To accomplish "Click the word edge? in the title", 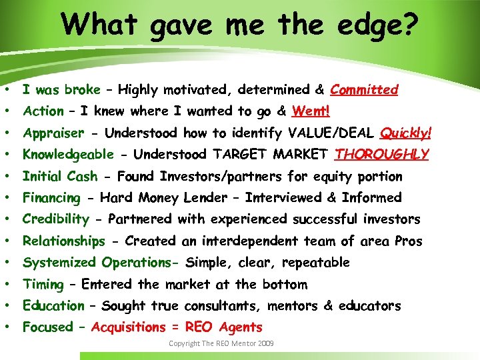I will pyautogui.click(x=376, y=25).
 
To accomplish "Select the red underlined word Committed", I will pyautogui.click(x=364, y=89).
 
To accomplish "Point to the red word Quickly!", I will pyautogui.click(x=406, y=133).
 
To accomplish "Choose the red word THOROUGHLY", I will pyautogui.click(x=382, y=154).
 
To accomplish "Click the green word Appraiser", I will pyautogui.click(x=53, y=133).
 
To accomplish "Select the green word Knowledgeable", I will pyautogui.click(x=68, y=154).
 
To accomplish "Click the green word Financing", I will pyautogui.click(x=51, y=197).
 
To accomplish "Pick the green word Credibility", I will pyautogui.click(x=55, y=219).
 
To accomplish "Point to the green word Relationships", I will pyautogui.click(x=64, y=241).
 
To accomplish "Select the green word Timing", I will pyautogui.click(x=43, y=284).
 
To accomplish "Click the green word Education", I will pyautogui.click(x=53, y=305).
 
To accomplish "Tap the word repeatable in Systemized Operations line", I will pyautogui.click(x=315, y=262).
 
